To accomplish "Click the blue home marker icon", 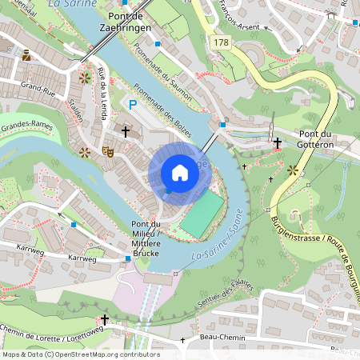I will click(180, 173).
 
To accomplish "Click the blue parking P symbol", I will click(134, 104).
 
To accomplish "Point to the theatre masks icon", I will click(107, 150).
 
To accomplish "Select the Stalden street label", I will click(76, 108).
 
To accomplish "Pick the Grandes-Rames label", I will click(26, 127).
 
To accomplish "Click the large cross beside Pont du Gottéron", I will click(277, 143).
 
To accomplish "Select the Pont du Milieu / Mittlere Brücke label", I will click(146, 238).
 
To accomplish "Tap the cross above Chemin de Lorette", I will click(105, 319).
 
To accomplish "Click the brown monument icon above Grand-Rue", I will click(27, 55).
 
